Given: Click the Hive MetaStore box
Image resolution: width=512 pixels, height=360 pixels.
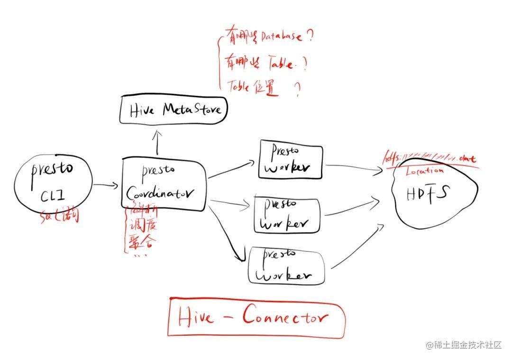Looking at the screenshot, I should coord(174,110).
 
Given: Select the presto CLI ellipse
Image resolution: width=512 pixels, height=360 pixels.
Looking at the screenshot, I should coord(54,185).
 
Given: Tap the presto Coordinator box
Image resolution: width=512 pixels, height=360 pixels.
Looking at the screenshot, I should coord(164,184).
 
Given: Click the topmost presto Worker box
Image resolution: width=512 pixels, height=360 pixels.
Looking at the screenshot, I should coord(290,161).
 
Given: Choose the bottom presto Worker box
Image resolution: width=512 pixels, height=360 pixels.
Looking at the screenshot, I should coord(286,266).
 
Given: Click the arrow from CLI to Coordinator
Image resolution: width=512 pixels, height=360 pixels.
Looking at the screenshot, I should coord(105,185).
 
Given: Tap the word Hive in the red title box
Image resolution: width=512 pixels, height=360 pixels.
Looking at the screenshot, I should coord(196,317).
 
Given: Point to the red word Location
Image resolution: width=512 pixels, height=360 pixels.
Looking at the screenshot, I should coord(425,171).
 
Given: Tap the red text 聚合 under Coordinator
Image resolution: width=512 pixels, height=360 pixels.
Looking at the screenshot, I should coord(139,242).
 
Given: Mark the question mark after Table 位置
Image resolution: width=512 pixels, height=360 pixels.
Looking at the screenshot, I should coord(298,89).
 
